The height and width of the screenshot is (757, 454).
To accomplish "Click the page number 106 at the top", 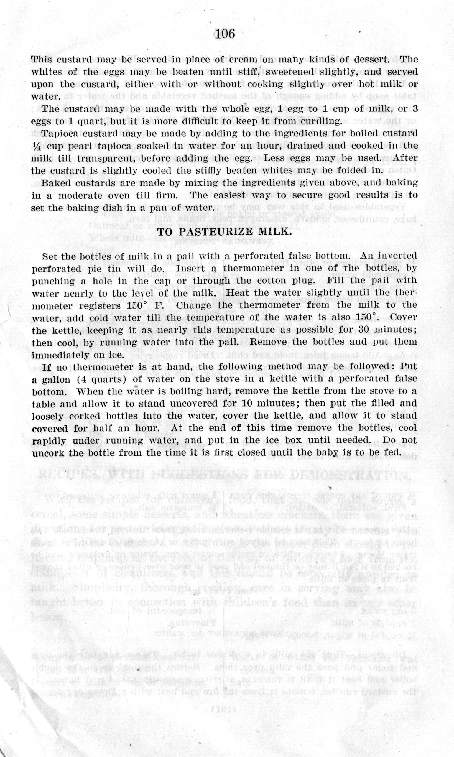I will (225, 34).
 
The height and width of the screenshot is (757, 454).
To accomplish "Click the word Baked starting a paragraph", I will (56, 183).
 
